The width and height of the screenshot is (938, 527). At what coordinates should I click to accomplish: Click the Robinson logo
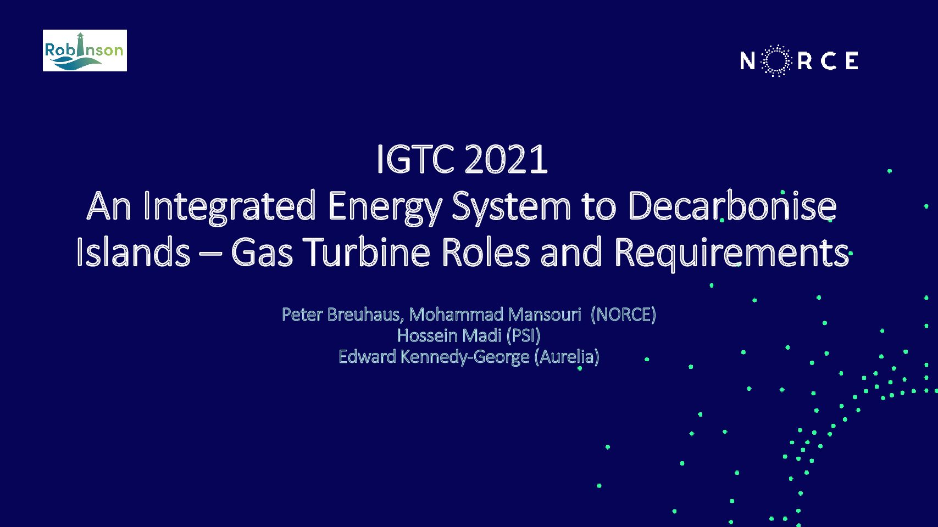point(85,50)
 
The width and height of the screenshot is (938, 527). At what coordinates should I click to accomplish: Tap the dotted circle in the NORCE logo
point(776,61)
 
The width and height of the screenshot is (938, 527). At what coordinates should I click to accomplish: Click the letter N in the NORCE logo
point(747,61)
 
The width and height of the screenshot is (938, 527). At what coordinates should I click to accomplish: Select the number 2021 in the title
point(506,159)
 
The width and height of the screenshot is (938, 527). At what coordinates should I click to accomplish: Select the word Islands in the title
point(133,251)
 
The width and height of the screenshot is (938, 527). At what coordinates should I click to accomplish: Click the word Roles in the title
point(486,251)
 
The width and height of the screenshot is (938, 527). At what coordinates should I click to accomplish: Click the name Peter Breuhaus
point(342,315)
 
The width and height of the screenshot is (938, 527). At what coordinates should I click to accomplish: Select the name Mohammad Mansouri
point(495,315)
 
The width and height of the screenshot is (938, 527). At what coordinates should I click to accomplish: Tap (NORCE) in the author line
point(623,315)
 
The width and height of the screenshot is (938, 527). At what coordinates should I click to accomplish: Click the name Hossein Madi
point(449,335)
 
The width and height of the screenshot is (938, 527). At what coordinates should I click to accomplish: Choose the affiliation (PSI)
point(524,335)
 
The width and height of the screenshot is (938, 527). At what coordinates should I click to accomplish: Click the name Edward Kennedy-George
point(434,357)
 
